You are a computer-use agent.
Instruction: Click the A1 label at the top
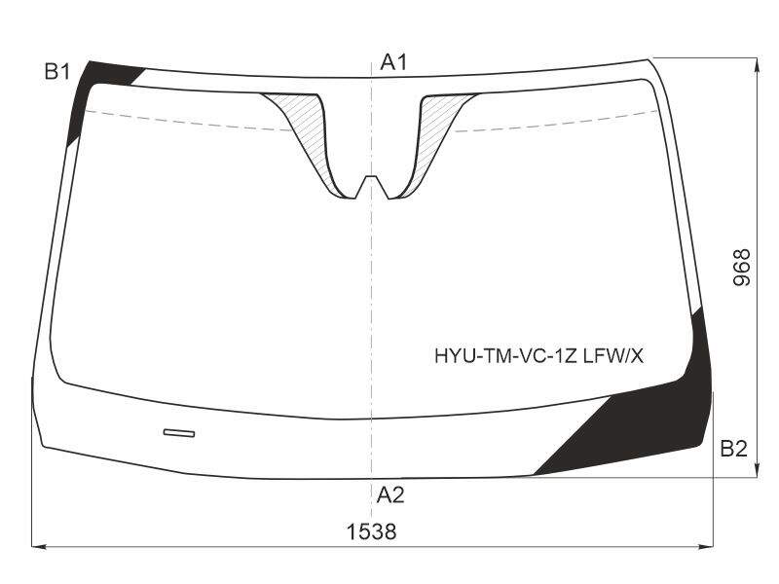(x=393, y=62)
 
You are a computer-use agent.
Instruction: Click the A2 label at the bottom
(x=390, y=495)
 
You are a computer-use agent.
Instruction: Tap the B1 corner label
(x=57, y=72)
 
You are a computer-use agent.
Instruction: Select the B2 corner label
(x=734, y=449)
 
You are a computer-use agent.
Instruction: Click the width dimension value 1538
(x=372, y=531)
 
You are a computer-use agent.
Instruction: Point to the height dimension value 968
(x=742, y=267)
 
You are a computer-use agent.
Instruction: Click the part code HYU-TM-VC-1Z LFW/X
(x=539, y=356)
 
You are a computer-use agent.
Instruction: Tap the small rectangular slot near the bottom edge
(x=179, y=433)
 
